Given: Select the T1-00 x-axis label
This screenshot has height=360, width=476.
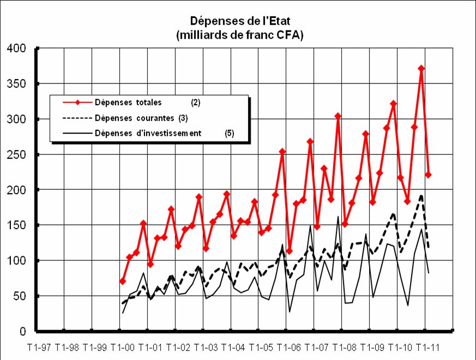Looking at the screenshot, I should (123, 347).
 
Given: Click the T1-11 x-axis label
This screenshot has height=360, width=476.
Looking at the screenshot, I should (428, 347).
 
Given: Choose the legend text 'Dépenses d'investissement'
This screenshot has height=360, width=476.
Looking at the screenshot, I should (148, 133).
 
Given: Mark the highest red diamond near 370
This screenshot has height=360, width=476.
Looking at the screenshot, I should (421, 69).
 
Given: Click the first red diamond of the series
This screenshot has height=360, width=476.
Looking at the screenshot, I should (123, 281).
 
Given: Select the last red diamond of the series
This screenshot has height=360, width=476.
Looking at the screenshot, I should (429, 175).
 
